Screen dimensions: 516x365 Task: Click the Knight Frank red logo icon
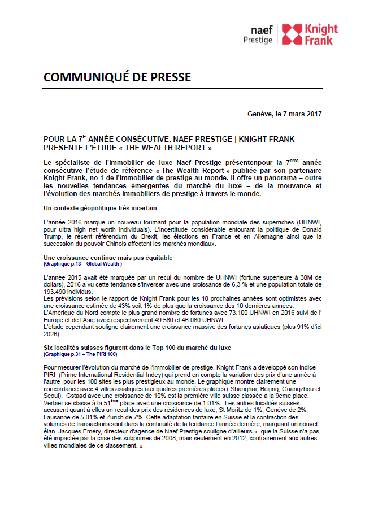click(x=292, y=34)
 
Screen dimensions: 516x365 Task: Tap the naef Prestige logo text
click(x=258, y=35)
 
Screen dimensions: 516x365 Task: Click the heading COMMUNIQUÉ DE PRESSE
click(x=117, y=77)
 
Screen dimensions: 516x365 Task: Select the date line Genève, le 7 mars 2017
click(x=285, y=114)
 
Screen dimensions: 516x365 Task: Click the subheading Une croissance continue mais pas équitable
click(x=100, y=257)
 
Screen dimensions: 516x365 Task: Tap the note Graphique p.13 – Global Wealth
click(x=82, y=263)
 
